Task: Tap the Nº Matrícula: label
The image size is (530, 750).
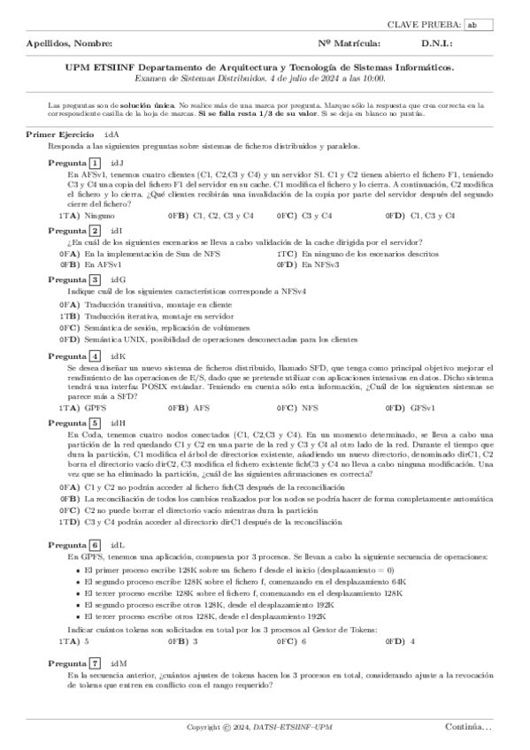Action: tap(349, 42)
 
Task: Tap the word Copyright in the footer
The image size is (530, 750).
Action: tap(204, 727)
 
